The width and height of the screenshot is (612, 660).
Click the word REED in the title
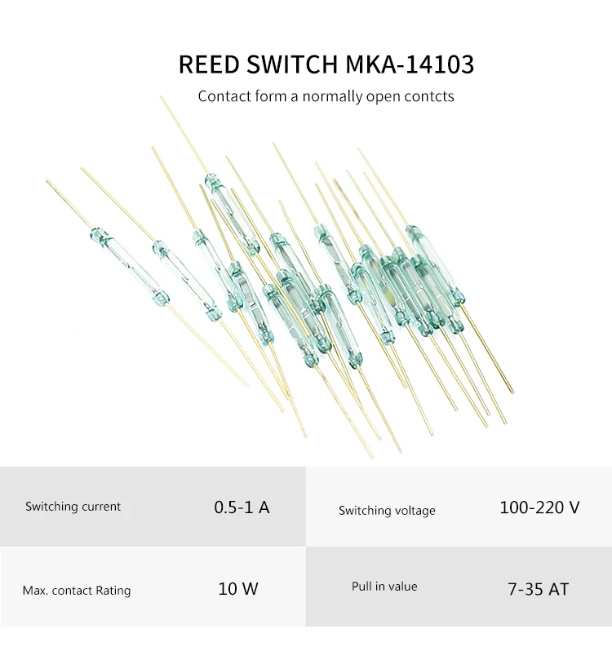(208, 64)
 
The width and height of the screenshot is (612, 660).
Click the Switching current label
(73, 507)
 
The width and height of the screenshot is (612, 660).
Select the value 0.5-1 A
(242, 507)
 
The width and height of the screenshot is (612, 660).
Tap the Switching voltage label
(387, 511)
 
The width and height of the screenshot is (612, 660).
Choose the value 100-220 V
(539, 507)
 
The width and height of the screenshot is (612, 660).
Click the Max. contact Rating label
(76, 590)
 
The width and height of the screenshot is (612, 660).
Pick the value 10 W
(238, 588)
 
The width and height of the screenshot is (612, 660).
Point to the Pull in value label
(384, 587)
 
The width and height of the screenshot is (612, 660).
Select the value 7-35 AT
(538, 588)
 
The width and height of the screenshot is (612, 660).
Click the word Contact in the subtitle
(224, 96)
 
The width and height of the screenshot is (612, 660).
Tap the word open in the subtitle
(388, 96)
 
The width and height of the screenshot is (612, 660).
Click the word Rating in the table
(113, 590)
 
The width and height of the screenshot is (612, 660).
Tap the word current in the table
(102, 507)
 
